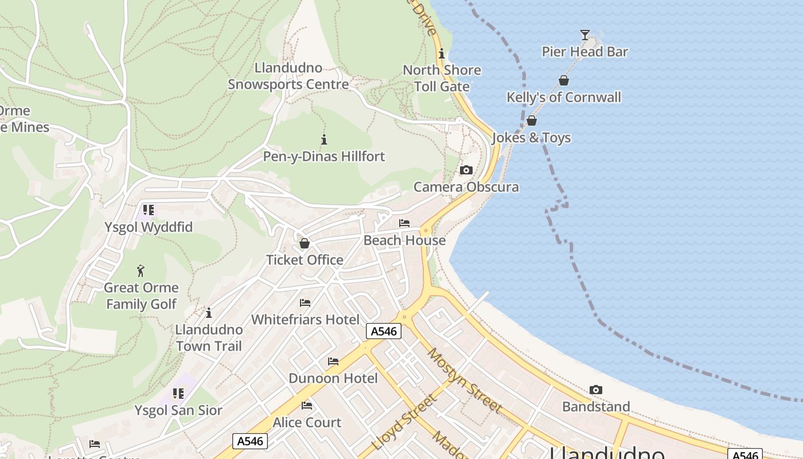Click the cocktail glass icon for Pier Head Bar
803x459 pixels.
click(584, 35)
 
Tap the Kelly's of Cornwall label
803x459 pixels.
click(563, 97)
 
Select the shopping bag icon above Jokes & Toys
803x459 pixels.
click(531, 120)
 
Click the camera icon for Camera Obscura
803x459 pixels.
click(466, 170)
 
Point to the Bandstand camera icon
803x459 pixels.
click(595, 390)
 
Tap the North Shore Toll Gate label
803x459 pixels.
click(442, 78)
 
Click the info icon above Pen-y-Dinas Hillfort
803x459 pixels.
click(324, 139)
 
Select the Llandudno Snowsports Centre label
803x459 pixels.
click(288, 76)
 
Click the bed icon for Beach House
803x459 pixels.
click(404, 223)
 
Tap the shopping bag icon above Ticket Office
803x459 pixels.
click(304, 243)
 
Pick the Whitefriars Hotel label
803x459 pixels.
click(305, 320)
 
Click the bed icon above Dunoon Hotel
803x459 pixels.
click(333, 361)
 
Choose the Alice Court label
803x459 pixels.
click(307, 423)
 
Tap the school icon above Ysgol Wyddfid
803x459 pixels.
click(149, 210)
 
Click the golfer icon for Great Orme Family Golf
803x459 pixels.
click(141, 271)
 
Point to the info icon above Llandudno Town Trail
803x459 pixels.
click(209, 313)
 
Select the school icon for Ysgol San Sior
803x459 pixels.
click(178, 394)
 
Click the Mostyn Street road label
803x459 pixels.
click(464, 380)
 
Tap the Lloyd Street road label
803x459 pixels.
click(404, 422)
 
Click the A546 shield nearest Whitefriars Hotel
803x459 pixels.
click(383, 331)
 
